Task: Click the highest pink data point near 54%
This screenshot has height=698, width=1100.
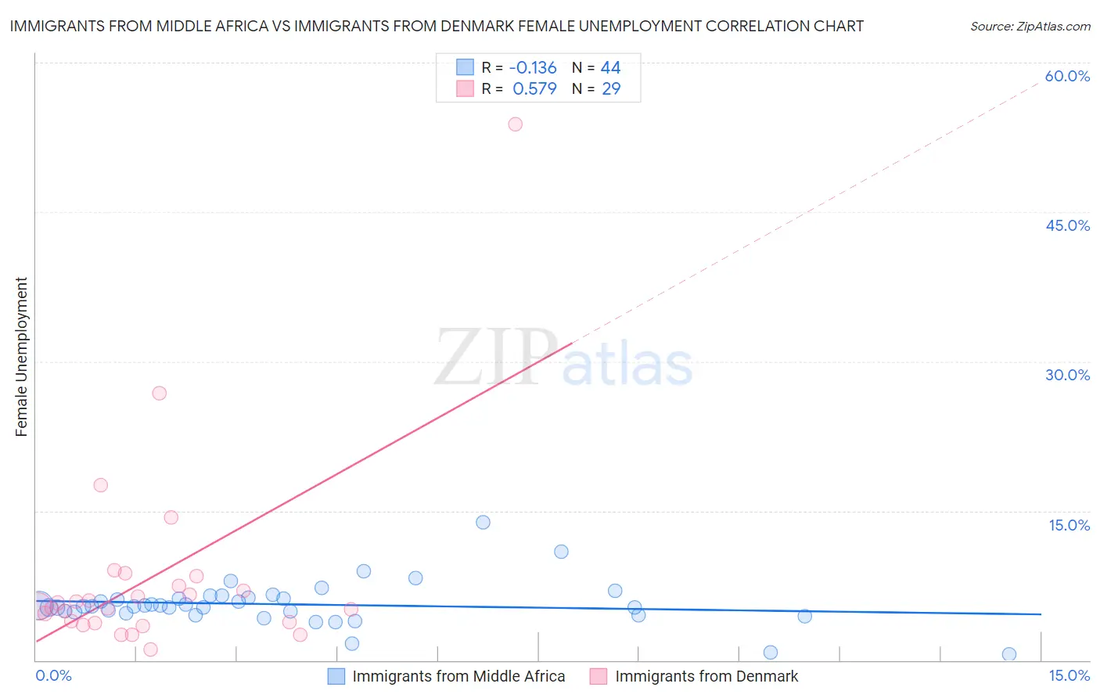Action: (x=515, y=124)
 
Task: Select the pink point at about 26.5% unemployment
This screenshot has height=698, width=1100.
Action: (x=160, y=393)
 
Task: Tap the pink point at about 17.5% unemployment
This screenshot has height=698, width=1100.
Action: (x=101, y=485)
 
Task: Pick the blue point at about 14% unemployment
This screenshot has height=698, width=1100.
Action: (x=483, y=522)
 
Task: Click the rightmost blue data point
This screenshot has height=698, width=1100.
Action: (x=1009, y=654)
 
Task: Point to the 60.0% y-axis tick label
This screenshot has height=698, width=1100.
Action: (x=1067, y=76)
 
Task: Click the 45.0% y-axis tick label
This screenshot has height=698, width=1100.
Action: (x=1067, y=225)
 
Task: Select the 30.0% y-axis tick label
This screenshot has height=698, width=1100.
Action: (x=1067, y=375)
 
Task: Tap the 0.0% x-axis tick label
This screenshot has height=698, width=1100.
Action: (x=54, y=676)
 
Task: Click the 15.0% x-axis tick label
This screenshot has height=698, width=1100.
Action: (x=1069, y=676)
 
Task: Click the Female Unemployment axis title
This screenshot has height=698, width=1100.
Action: (x=21, y=356)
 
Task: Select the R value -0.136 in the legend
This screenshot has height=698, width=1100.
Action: (x=533, y=67)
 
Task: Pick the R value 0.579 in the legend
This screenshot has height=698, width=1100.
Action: (x=534, y=88)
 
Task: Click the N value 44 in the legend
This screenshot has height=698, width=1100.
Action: (x=610, y=67)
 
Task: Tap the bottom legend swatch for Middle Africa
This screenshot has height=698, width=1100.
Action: (x=336, y=676)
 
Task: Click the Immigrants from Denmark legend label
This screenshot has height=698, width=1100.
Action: (x=706, y=676)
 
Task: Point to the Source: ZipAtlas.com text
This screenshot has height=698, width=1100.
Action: (x=1030, y=26)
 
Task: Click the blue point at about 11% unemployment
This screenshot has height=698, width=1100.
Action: (x=561, y=552)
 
